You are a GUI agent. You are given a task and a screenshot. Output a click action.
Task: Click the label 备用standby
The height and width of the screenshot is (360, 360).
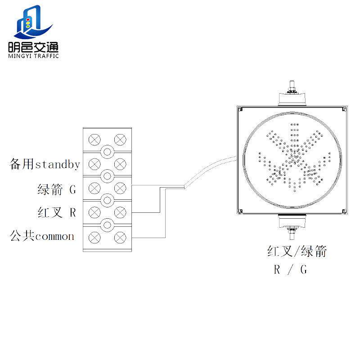[x=45, y=164]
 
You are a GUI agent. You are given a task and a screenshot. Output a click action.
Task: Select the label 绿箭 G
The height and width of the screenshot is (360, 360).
[x=57, y=189]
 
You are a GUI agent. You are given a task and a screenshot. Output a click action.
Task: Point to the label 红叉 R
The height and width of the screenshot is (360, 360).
[x=57, y=212]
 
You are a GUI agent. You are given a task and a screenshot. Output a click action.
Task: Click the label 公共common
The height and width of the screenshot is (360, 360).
[x=42, y=236]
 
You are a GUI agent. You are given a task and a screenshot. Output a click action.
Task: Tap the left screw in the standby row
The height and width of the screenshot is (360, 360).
[x=94, y=163]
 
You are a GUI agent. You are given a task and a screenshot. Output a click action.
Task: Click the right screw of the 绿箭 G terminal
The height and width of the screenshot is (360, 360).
[x=119, y=187]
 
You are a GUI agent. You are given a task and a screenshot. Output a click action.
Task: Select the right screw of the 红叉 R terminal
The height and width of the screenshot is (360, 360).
[x=119, y=211]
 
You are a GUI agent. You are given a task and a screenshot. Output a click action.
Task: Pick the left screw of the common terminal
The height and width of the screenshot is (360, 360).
[x=94, y=236]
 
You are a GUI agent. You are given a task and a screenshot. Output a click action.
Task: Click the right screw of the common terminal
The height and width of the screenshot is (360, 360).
[x=119, y=236]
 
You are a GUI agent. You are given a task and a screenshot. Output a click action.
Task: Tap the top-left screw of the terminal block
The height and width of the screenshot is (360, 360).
[x=94, y=139]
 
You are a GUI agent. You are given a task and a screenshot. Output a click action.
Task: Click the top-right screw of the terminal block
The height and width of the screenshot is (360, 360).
[x=119, y=139]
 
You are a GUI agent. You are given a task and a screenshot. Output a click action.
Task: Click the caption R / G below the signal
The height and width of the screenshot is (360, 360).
[x=291, y=270]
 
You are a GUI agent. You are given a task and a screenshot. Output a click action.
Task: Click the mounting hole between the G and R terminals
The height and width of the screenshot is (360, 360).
[x=107, y=199]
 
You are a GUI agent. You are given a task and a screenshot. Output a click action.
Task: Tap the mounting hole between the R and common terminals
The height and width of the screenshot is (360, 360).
[x=107, y=224]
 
